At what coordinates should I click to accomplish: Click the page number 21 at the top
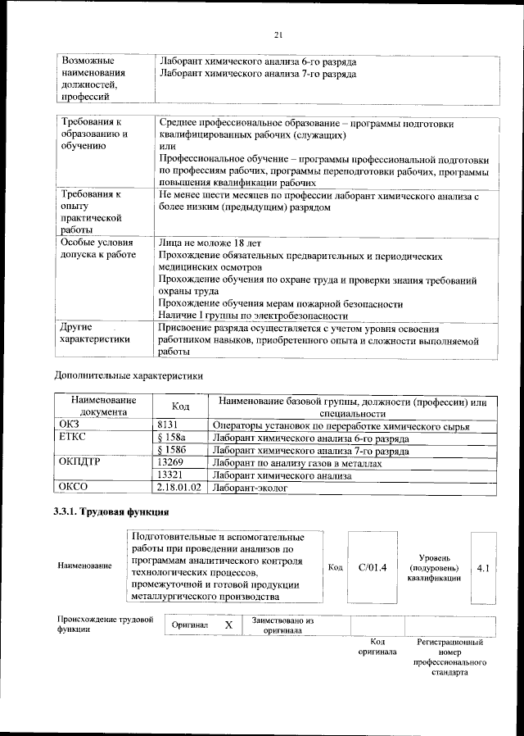(278, 34)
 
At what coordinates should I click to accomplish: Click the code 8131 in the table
(168, 426)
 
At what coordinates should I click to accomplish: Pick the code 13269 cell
(170, 463)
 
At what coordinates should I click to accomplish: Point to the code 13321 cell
(170, 475)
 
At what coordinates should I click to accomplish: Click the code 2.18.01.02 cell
(178, 488)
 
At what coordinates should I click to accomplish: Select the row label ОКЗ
(71, 426)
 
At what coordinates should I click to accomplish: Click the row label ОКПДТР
(79, 463)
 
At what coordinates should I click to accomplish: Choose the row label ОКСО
(74, 488)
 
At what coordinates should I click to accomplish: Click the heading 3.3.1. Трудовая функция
(111, 513)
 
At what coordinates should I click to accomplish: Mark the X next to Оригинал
(229, 625)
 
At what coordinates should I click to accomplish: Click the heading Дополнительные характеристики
(128, 375)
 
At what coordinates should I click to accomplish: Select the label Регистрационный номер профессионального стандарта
(449, 657)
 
